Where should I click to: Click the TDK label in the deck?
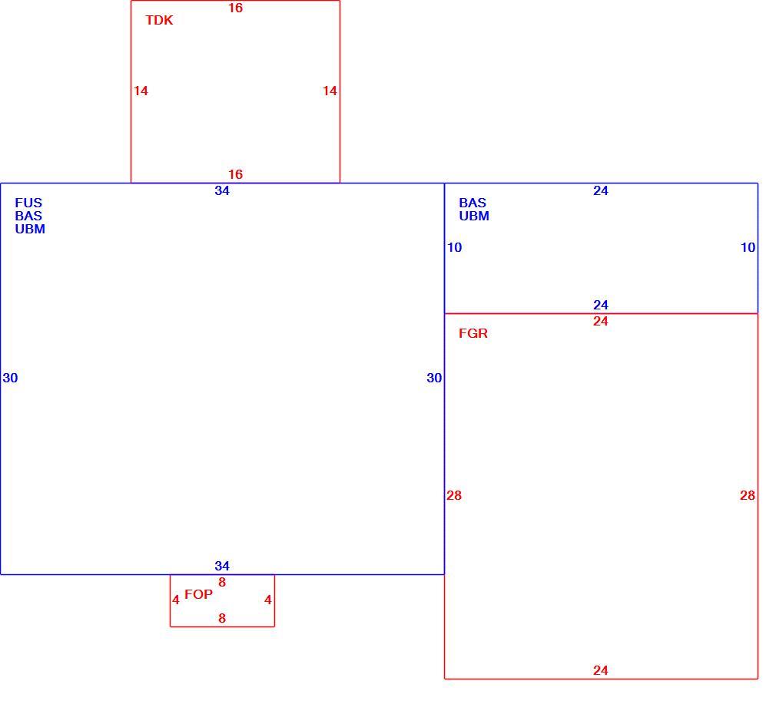[x=159, y=20]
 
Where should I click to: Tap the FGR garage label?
[x=473, y=333]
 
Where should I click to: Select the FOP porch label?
[x=198, y=594]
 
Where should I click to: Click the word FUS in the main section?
[x=28, y=203]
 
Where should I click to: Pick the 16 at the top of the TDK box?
[x=236, y=8]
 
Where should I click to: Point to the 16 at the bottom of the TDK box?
[x=236, y=174]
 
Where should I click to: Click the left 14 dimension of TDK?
[x=141, y=91]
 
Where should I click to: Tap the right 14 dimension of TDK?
[x=330, y=91]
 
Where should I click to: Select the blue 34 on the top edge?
[x=222, y=191]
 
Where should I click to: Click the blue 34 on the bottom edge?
[x=222, y=566]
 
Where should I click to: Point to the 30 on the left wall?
[x=11, y=378]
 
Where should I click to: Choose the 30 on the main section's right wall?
[x=434, y=378]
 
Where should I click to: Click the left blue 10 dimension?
[x=454, y=248]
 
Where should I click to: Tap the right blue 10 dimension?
[x=748, y=248]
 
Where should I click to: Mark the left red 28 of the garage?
[x=454, y=495]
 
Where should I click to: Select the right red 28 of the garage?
[x=748, y=495]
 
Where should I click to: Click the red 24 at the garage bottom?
[x=601, y=670]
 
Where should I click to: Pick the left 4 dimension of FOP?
[x=176, y=600]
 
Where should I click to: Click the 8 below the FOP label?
[x=222, y=619]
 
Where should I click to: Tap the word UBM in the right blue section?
[x=474, y=216]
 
